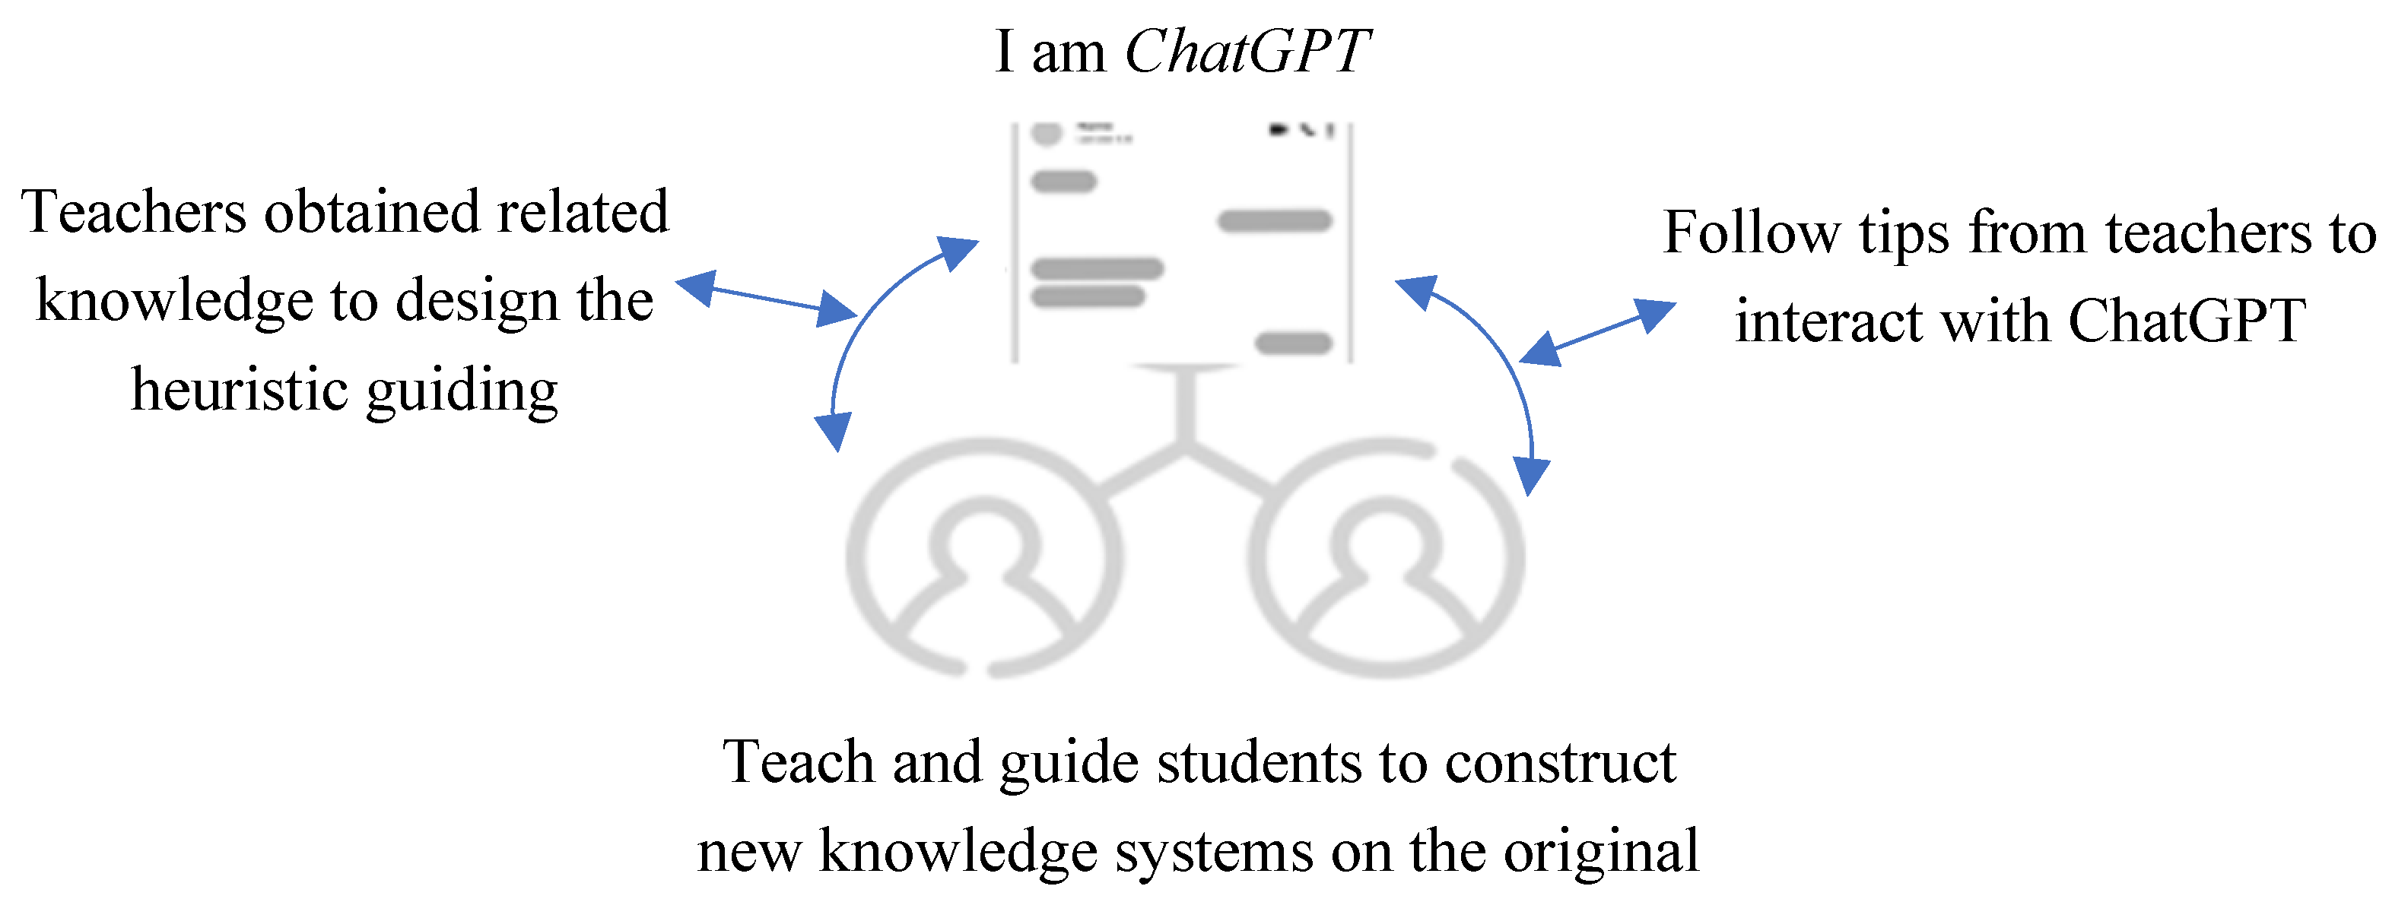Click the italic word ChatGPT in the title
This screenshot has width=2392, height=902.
[1246, 51]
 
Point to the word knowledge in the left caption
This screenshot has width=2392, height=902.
[175, 302]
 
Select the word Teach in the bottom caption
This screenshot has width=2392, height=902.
[799, 763]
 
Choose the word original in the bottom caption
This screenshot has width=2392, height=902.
[1601, 852]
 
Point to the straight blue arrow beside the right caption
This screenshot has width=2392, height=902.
[1597, 332]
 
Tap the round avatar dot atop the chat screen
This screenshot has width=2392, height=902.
[1047, 133]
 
